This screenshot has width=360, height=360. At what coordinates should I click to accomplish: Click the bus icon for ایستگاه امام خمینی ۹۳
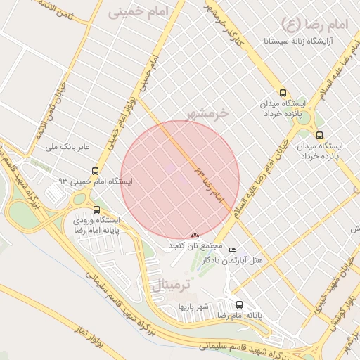[95, 171]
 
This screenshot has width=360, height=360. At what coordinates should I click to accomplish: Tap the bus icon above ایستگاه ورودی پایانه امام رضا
[96, 209]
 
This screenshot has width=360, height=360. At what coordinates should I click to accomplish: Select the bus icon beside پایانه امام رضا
[240, 305]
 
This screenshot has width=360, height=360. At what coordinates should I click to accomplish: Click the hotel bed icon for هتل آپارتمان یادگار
[233, 250]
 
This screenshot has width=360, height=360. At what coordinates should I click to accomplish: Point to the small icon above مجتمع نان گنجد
[195, 235]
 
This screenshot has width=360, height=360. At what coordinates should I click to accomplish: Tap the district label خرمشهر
[209, 112]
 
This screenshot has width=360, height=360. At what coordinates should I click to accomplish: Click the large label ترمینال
[171, 285]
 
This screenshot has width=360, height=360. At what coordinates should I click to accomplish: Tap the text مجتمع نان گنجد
[195, 246]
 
